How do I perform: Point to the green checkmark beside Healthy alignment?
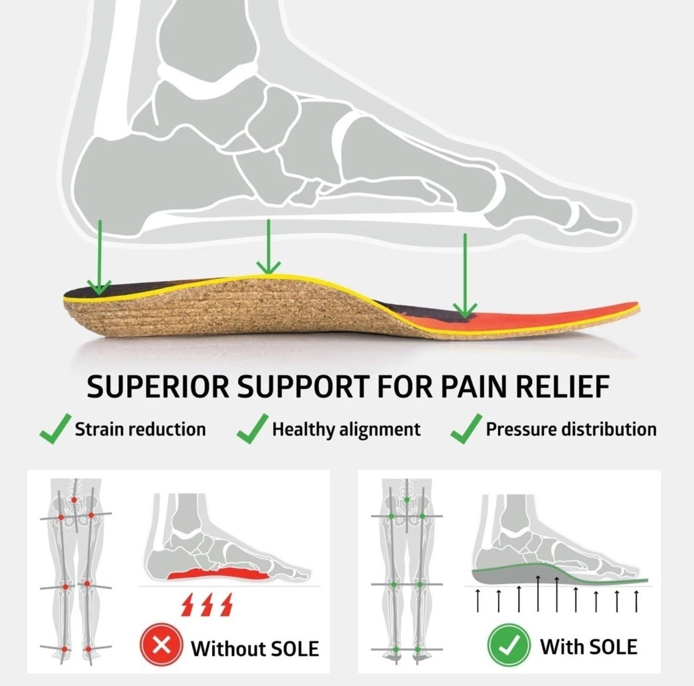click(252, 429)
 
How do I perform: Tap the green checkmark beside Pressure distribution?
click(466, 429)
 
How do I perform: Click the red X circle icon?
click(161, 646)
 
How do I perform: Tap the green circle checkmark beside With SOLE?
click(509, 645)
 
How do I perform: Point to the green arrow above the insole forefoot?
click(465, 275)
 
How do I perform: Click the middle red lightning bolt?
click(207, 604)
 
